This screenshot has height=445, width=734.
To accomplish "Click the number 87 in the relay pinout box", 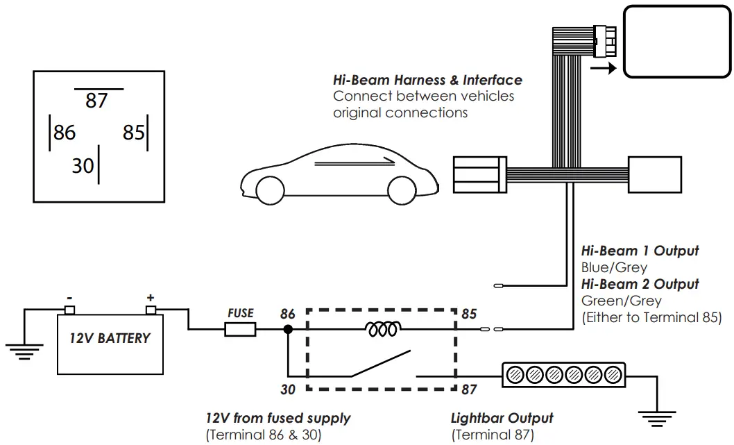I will [96, 101].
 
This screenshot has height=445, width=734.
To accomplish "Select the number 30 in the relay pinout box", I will [83, 165].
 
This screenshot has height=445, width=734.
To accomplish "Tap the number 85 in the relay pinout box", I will [134, 132].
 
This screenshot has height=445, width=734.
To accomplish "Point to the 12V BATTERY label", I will [110, 339].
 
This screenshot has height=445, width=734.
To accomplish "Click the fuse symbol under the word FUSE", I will [240, 330].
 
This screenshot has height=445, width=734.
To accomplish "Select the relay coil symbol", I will [382, 330].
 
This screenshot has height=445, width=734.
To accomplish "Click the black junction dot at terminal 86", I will [288, 330].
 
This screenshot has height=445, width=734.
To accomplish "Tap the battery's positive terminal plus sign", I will [151, 297].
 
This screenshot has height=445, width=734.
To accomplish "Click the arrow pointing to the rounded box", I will [602, 69].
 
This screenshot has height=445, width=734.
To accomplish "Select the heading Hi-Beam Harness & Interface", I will [427, 81].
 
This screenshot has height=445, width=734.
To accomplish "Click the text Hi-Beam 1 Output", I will [640, 251].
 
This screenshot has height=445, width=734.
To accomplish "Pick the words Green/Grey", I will [621, 301].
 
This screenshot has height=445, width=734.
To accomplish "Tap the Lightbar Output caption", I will [502, 418].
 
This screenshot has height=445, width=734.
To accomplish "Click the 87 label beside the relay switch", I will [469, 389].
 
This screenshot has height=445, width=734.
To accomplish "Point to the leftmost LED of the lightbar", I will [515, 376].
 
